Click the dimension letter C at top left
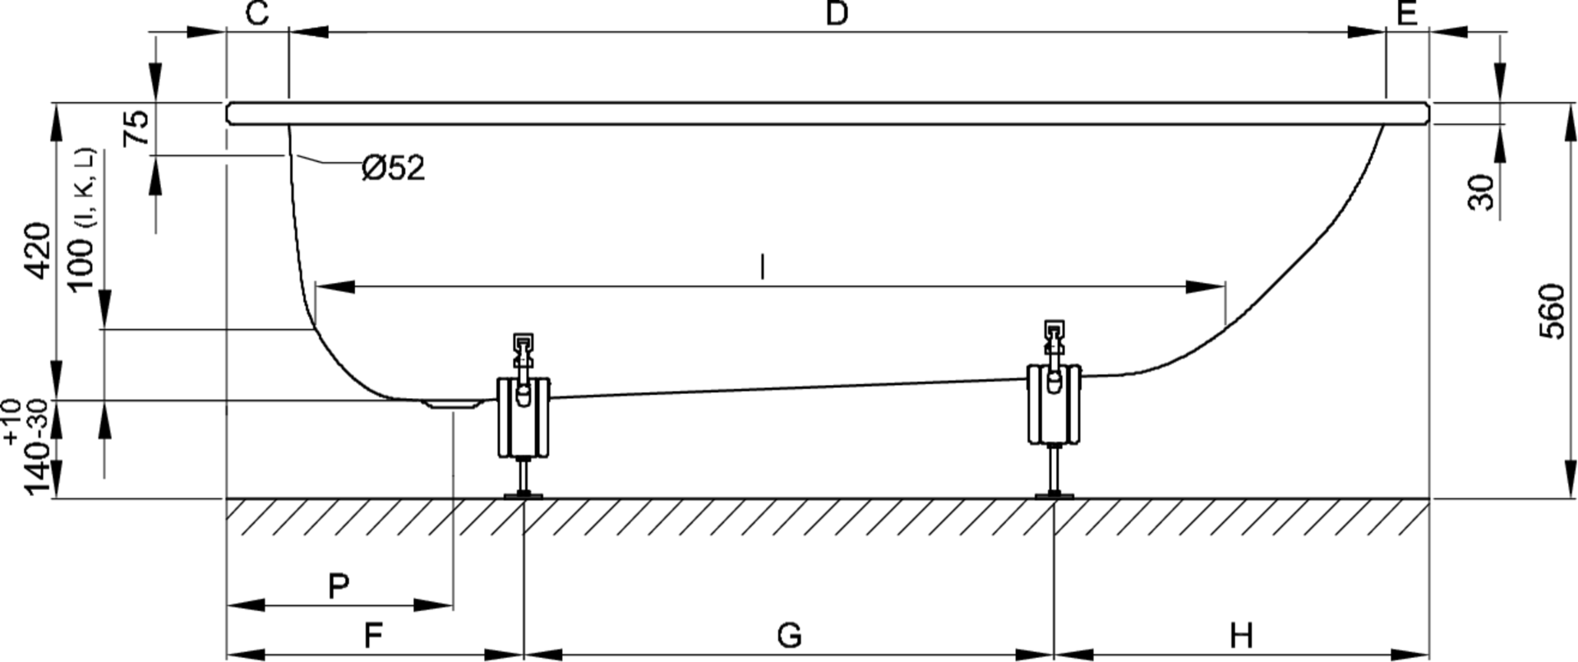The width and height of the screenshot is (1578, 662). click(257, 14)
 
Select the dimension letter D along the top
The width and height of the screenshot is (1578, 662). click(836, 14)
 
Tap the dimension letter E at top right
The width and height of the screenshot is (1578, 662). click(1407, 14)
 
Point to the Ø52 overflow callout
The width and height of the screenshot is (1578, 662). click(394, 169)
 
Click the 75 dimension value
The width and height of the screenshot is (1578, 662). click(137, 127)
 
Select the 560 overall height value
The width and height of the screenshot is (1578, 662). click(1551, 311)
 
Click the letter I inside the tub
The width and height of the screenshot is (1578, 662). click(763, 267)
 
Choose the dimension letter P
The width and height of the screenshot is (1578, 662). click(339, 586)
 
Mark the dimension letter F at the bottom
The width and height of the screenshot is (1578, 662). click(373, 636)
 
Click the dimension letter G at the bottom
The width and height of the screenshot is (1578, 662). click(788, 636)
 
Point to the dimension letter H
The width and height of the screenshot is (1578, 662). click(1241, 636)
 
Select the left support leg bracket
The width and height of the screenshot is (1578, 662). click(523, 415)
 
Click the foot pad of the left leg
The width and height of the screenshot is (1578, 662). click(523, 494)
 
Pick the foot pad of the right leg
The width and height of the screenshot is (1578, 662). click(1054, 494)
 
